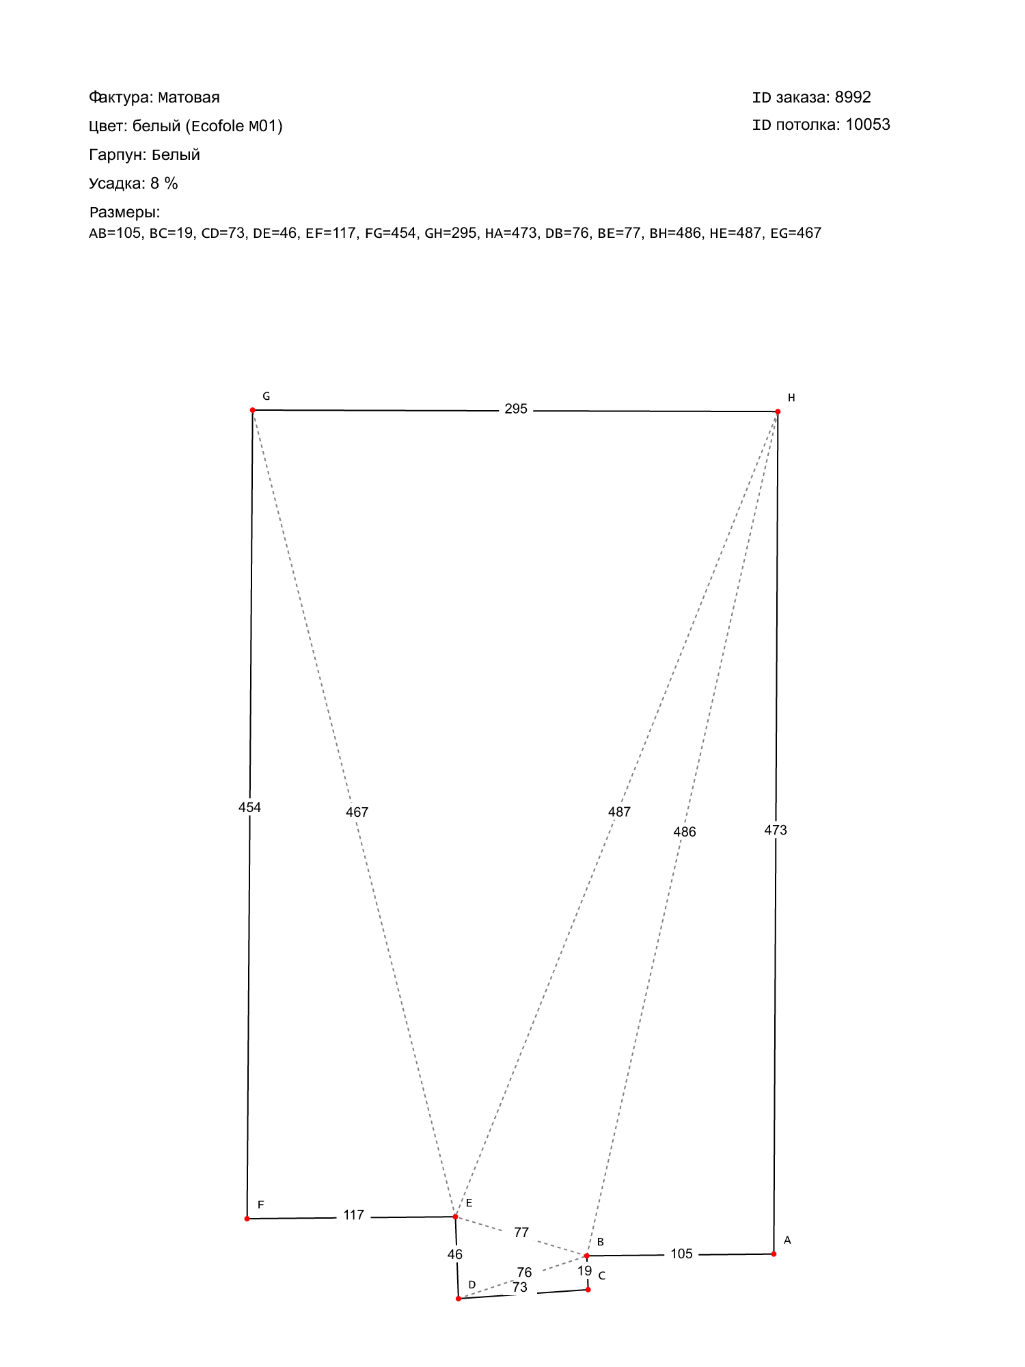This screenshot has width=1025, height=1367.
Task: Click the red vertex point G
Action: pyautogui.click(x=253, y=410)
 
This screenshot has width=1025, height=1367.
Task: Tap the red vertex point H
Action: pyautogui.click(x=778, y=411)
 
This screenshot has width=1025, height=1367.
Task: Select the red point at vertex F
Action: pyautogui.click(x=247, y=1219)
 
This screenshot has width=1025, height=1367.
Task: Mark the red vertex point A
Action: pyautogui.click(x=774, y=1254)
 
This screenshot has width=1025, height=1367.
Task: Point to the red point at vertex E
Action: pyautogui.click(x=456, y=1217)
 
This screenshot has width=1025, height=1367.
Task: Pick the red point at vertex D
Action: pyautogui.click(x=459, y=1298)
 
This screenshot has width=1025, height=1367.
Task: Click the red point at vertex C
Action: pyautogui.click(x=588, y=1290)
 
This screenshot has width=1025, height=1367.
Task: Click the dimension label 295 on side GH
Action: pyautogui.click(x=516, y=409)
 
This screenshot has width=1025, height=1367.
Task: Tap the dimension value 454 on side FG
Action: pyautogui.click(x=249, y=807)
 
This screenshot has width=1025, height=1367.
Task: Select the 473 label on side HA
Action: pyautogui.click(x=776, y=830)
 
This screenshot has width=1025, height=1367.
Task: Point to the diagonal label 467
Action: pyautogui.click(x=357, y=812)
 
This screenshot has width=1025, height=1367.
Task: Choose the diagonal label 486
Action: pyautogui.click(x=684, y=832)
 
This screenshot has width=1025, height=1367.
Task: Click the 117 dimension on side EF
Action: pyautogui.click(x=353, y=1215)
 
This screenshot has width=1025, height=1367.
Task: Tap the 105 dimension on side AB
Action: pyautogui.click(x=681, y=1254)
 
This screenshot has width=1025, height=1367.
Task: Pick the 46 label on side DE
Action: pyautogui.click(x=455, y=1254)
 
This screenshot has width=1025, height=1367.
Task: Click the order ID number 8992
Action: pyautogui.click(x=853, y=97)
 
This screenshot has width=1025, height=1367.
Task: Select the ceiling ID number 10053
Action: pyautogui.click(x=868, y=124)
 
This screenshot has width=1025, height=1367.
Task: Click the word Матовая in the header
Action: pyautogui.click(x=189, y=97)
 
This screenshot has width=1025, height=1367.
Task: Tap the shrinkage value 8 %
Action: pyautogui.click(x=164, y=183)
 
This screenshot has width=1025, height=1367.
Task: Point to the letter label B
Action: pyautogui.click(x=601, y=1242)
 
